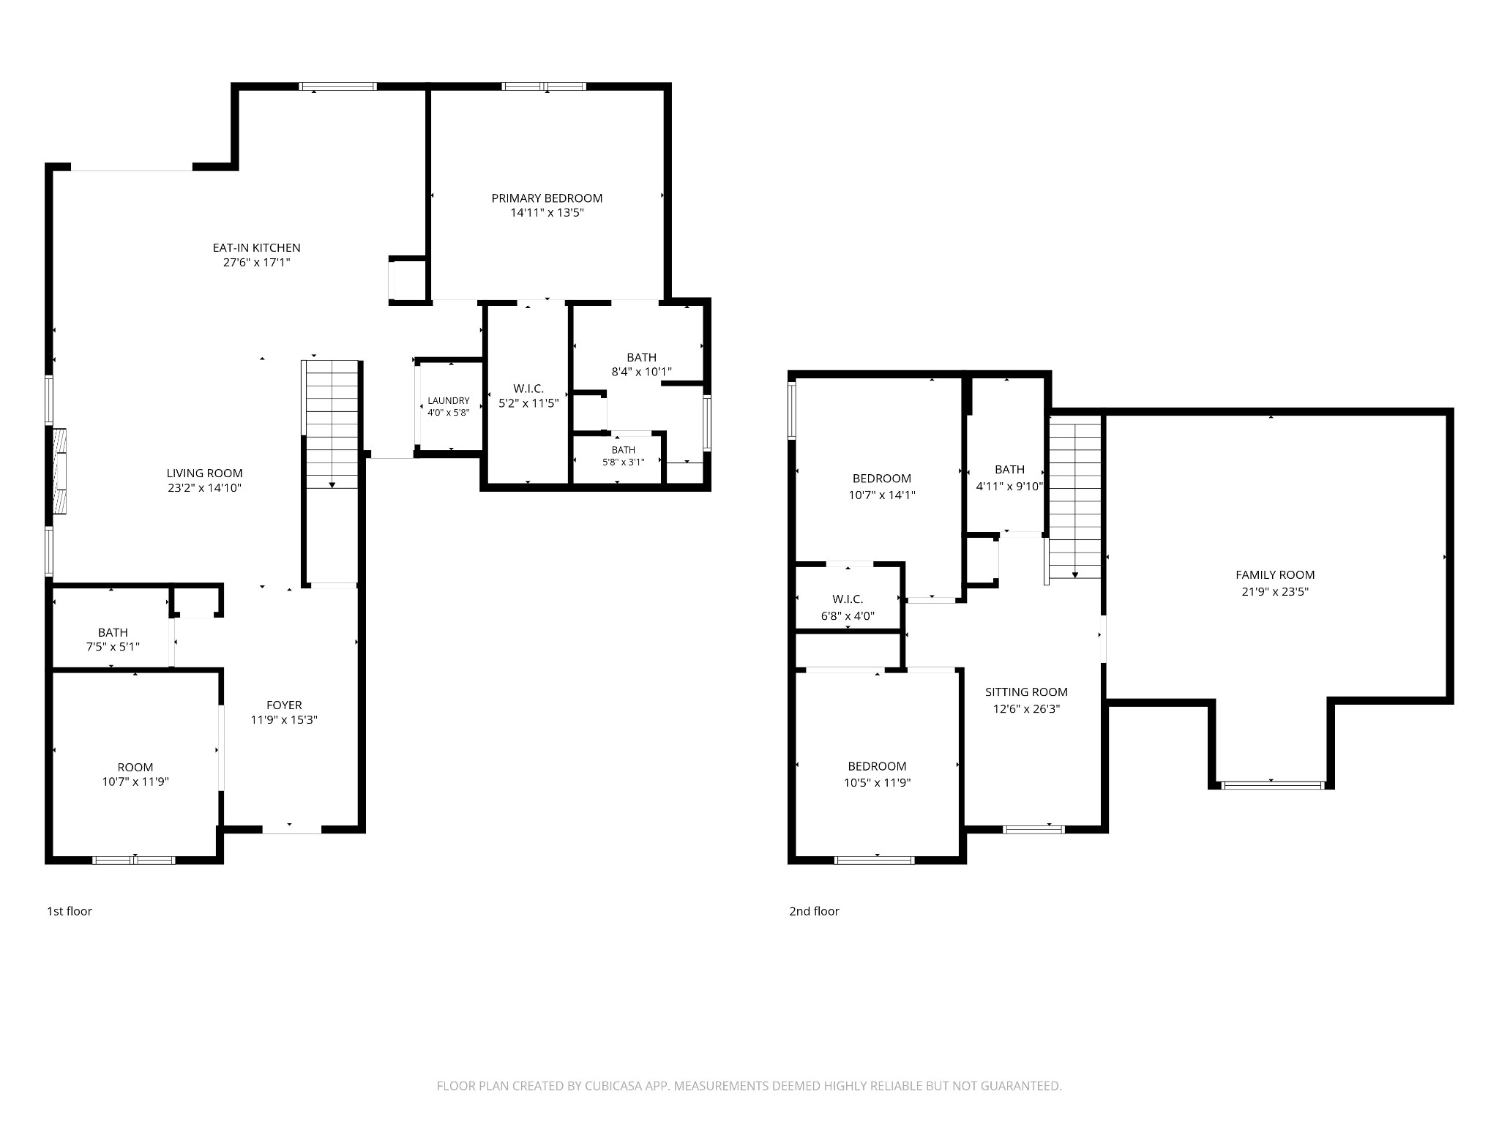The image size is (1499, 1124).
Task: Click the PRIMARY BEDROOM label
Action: [547, 198]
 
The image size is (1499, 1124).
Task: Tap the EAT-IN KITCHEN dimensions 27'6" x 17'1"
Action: [257, 262]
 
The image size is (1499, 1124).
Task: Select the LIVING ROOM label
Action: [204, 473]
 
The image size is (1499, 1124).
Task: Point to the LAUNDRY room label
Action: [449, 401]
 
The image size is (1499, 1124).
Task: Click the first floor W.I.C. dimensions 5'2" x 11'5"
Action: [528, 402]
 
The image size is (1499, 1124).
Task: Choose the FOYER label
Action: [284, 705]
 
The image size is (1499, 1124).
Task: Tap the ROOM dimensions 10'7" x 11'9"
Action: [135, 782]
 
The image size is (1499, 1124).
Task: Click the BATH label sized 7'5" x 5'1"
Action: [113, 632]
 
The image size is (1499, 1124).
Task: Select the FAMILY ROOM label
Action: [1275, 575]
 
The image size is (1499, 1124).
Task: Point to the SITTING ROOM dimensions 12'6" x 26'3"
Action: [1026, 708]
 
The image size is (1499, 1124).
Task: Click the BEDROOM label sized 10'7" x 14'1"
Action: [881, 479]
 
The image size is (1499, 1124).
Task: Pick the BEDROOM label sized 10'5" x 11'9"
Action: [877, 766]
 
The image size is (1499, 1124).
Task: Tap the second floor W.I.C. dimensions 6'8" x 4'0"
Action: [848, 616]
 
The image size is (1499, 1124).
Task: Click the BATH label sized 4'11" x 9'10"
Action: [1009, 470]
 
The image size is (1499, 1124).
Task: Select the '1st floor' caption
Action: [70, 911]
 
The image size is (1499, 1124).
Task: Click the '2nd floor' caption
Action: [814, 911]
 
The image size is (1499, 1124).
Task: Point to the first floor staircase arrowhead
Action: [332, 484]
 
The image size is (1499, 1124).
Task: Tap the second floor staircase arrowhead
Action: [1074, 575]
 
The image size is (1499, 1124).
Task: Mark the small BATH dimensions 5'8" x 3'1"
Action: [623, 462]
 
